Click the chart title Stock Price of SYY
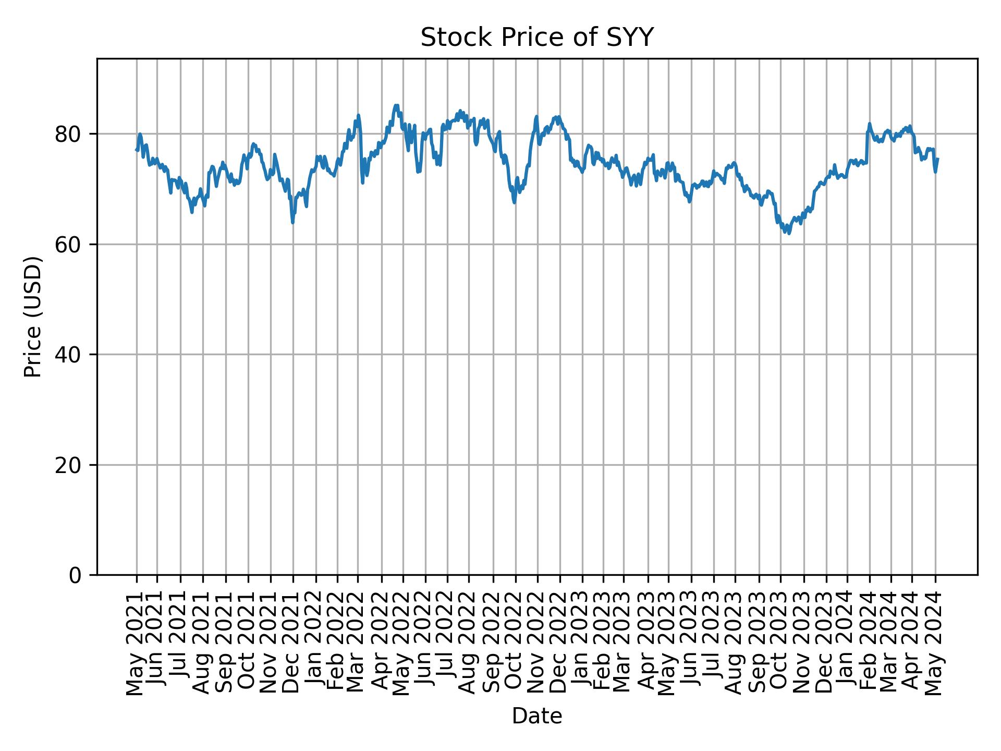click(536, 38)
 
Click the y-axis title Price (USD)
click(33, 317)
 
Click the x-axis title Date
click(536, 717)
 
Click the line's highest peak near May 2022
click(396, 105)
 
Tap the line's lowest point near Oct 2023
click(789, 233)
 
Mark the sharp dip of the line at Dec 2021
click(292, 223)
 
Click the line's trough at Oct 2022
click(515, 202)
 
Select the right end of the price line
click(938, 159)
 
